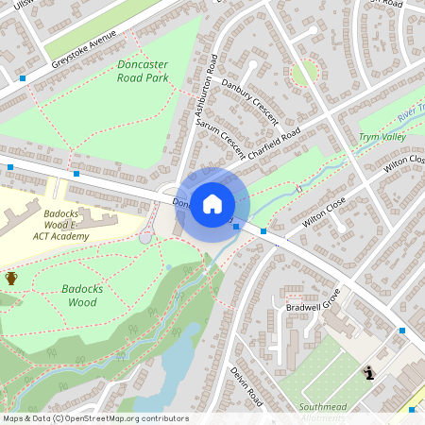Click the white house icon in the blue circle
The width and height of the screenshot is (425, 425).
pos(212,203)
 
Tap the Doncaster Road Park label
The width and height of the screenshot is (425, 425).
pos(143,71)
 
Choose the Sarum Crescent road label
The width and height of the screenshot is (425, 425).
pos(228,141)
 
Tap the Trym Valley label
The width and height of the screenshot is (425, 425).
pos(382,138)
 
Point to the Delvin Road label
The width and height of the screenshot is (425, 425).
pos(245,388)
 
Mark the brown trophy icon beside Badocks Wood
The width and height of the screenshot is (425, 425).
pos(11,278)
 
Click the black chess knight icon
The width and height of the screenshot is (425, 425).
pos(368,374)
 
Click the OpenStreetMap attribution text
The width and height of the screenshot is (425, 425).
pos(95,418)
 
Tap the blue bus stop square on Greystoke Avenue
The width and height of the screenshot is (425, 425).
pos(23,77)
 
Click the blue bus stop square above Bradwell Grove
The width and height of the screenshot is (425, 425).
pos(263,231)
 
